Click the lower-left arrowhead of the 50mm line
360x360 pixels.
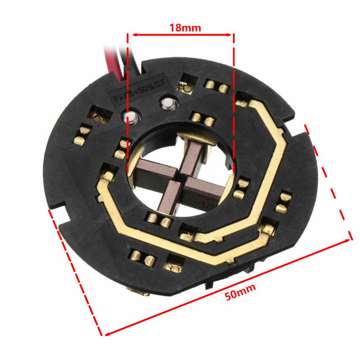coord(105,334)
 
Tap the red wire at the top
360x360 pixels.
coord(108,56)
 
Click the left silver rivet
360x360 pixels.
coord(130,117)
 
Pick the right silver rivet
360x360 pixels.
coord(167,104)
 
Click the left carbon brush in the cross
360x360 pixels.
coord(153,170)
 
